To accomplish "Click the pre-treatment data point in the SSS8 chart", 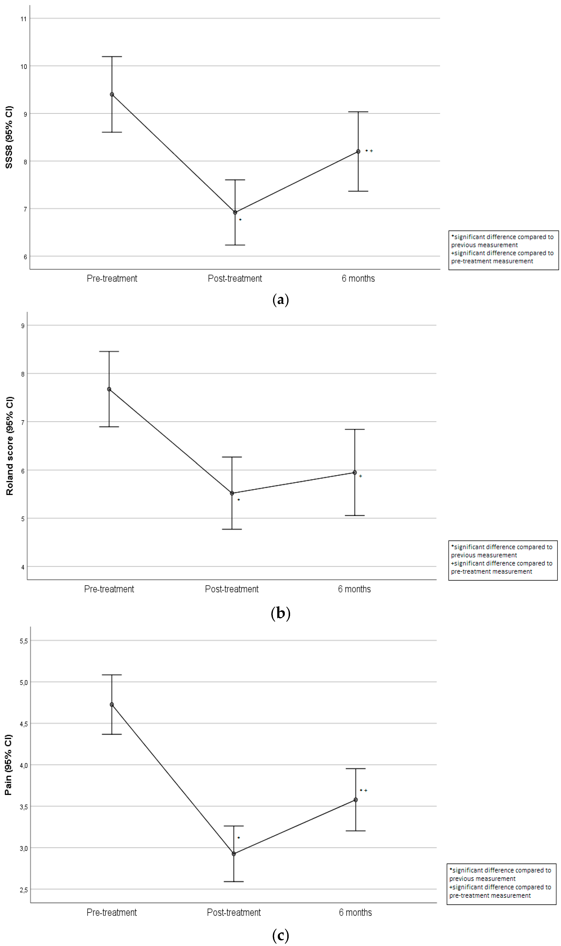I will [112, 94].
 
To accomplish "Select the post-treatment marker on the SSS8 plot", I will [235, 213].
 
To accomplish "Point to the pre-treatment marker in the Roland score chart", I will [109, 389].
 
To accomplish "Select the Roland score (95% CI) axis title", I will [9, 446].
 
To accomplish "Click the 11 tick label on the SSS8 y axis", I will [23, 19].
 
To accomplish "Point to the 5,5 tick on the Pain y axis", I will [23, 641].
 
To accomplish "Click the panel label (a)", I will [280, 300].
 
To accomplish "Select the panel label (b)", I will [280, 613].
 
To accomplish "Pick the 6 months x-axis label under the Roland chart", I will [354, 589].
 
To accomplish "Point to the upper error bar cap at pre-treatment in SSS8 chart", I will [112, 57].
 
